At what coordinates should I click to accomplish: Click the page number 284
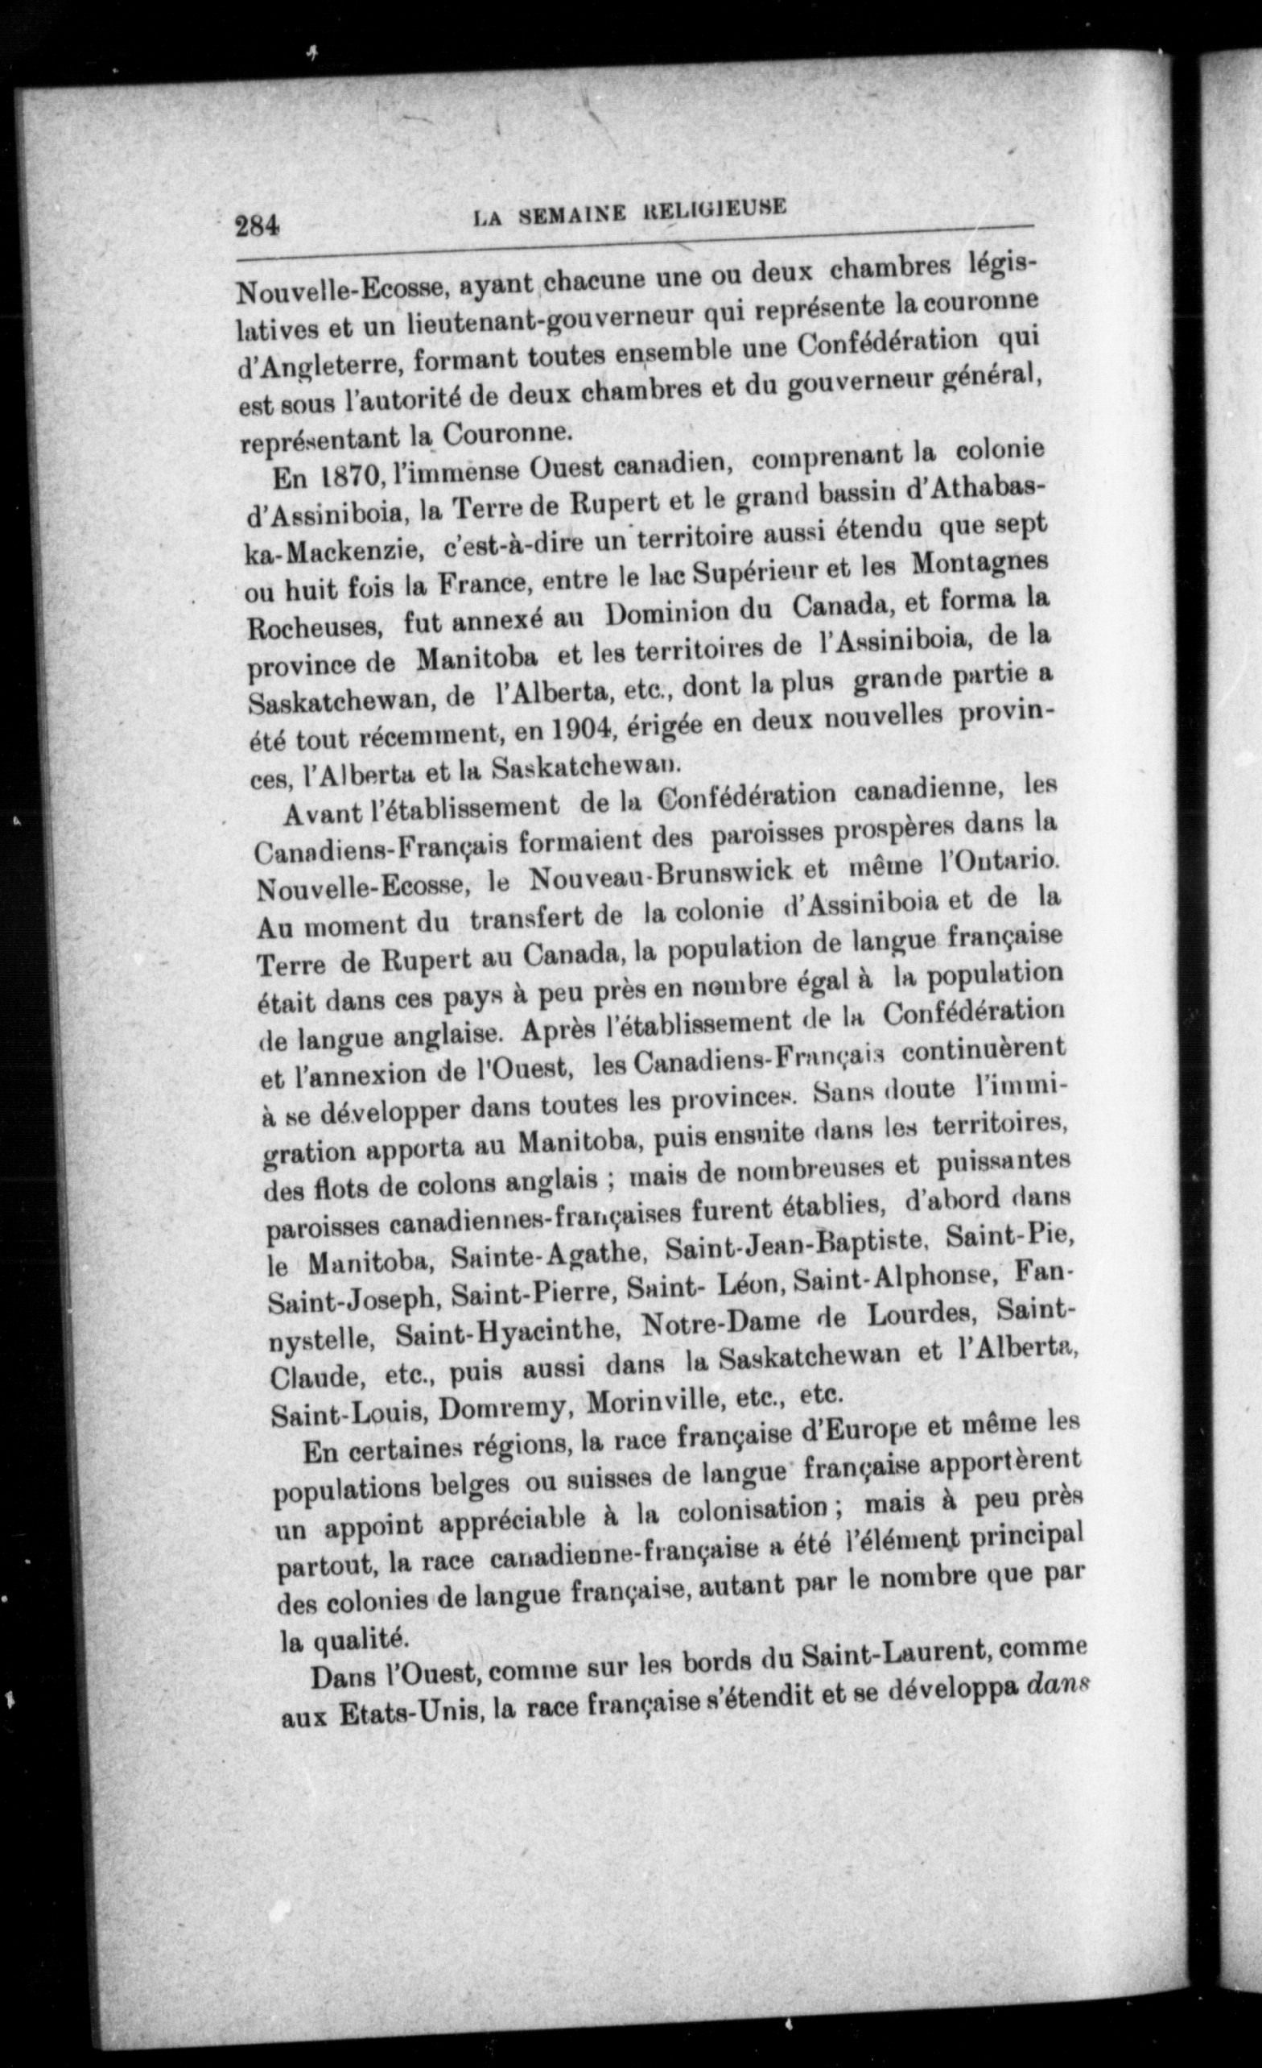click(x=257, y=226)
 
